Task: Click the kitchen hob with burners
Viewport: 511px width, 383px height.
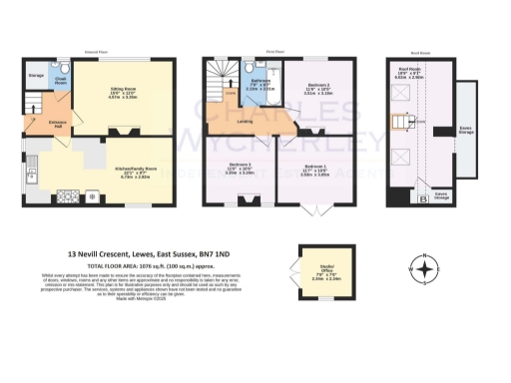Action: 93,195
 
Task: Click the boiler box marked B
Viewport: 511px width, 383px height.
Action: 395,198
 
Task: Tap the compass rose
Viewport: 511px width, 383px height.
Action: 426,269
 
